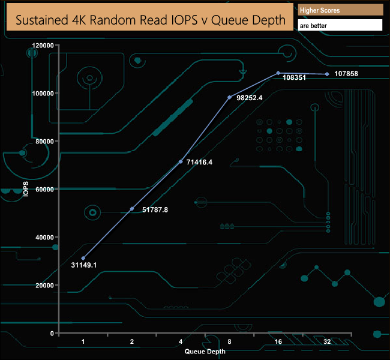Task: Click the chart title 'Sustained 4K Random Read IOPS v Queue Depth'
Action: click(150, 20)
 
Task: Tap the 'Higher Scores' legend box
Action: click(340, 10)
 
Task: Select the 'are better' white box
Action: click(340, 26)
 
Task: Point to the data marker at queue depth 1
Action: click(83, 258)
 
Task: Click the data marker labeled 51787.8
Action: click(132, 209)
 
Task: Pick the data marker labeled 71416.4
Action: click(181, 161)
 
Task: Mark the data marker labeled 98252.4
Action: click(229, 97)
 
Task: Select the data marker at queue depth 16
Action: click(278, 73)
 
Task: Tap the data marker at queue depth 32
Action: click(326, 74)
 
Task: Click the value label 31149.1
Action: click(84, 265)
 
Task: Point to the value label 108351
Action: click(294, 77)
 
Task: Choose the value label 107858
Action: click(346, 74)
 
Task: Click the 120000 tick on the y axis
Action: click(41, 46)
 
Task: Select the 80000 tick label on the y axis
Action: click(43, 142)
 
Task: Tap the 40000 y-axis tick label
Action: click(43, 238)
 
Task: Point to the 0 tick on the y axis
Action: click(52, 334)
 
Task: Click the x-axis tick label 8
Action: click(229, 341)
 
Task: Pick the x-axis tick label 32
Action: click(326, 341)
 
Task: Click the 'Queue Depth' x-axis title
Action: click(205, 352)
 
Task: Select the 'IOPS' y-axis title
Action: click(26, 190)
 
